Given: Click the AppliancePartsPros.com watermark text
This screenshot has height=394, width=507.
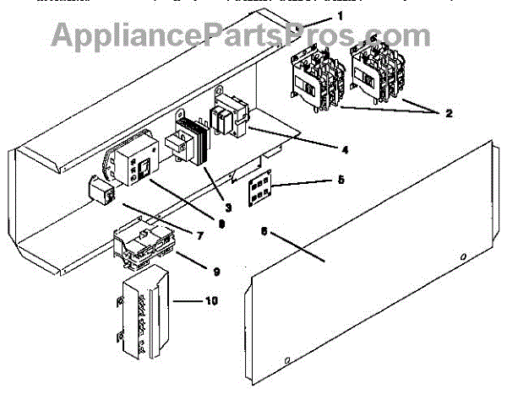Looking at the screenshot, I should click(240, 35).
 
